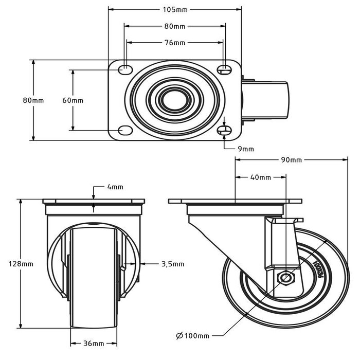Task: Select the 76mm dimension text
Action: point(174,43)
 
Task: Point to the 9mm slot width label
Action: point(246,149)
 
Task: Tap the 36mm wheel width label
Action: point(94,343)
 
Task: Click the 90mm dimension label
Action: point(292,160)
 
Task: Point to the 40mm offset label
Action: point(260,177)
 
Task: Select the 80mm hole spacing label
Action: point(174,26)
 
